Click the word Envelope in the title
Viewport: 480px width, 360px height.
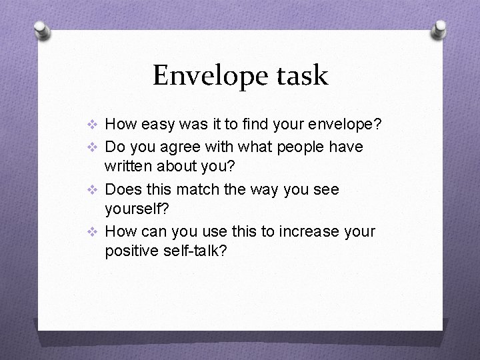point(210,75)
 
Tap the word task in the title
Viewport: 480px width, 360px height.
point(301,75)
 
